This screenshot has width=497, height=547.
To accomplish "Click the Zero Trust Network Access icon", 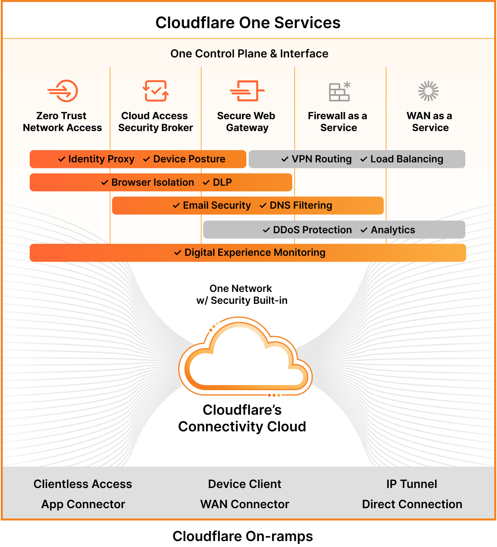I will click(x=63, y=91).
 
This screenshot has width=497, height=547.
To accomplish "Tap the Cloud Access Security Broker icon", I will click(x=155, y=91).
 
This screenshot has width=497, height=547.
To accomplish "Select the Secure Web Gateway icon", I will click(x=247, y=91).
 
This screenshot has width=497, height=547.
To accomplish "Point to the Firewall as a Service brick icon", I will click(x=339, y=91).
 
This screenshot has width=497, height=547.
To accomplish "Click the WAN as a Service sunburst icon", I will click(x=428, y=91).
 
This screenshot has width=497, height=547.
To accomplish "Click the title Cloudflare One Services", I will click(x=248, y=23).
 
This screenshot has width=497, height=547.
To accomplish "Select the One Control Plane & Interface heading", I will click(x=249, y=53).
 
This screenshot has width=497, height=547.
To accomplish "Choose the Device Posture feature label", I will click(x=189, y=159).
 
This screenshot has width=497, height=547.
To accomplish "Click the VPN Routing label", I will click(x=321, y=159).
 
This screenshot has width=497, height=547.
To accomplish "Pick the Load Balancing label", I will click(x=406, y=159).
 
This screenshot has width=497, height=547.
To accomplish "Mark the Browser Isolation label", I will click(x=152, y=182).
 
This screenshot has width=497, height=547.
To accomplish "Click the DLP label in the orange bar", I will click(x=222, y=182).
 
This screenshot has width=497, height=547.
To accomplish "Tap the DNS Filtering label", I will click(x=301, y=205).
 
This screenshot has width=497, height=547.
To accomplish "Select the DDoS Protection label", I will click(x=312, y=230).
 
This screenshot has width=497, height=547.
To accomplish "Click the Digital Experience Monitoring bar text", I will click(x=255, y=252).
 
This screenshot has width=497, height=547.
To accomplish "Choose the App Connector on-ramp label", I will click(x=83, y=504).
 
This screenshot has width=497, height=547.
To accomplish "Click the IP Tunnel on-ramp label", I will click(x=411, y=484).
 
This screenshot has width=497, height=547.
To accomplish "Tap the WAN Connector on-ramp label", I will click(x=245, y=504).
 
